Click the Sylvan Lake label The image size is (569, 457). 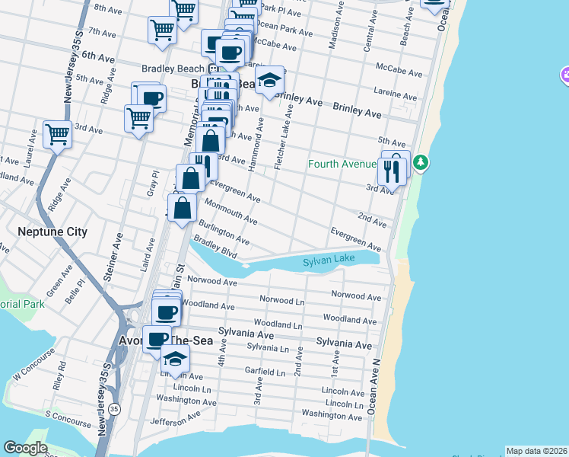pyautogui.click(x=329, y=260)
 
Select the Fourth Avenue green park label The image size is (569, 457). pyautogui.click(x=342, y=164)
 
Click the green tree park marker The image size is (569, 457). pyautogui.click(x=420, y=163)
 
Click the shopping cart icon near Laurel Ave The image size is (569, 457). pyautogui.click(x=58, y=135)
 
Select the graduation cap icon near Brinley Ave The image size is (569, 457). pyautogui.click(x=269, y=80)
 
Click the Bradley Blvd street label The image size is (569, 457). pyautogui.click(x=215, y=248)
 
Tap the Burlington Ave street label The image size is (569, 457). pyautogui.click(x=224, y=232)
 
